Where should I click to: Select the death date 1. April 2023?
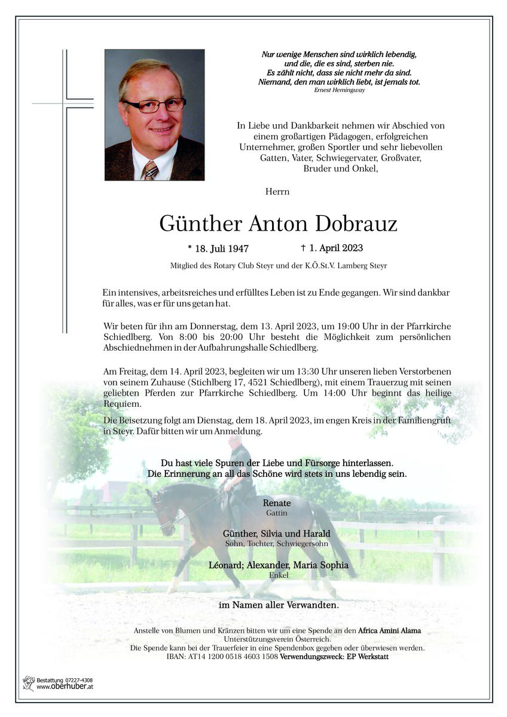click(x=332, y=247)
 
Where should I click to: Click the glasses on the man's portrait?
click(x=154, y=105)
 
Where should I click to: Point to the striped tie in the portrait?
click(x=149, y=170)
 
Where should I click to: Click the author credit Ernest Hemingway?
click(x=339, y=90)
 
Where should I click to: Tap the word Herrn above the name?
click(x=277, y=192)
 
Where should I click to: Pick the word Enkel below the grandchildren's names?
click(x=279, y=575)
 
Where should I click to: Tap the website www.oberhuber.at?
click(x=65, y=687)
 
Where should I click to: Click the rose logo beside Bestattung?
click(x=28, y=683)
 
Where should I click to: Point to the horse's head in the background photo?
click(x=158, y=505)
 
